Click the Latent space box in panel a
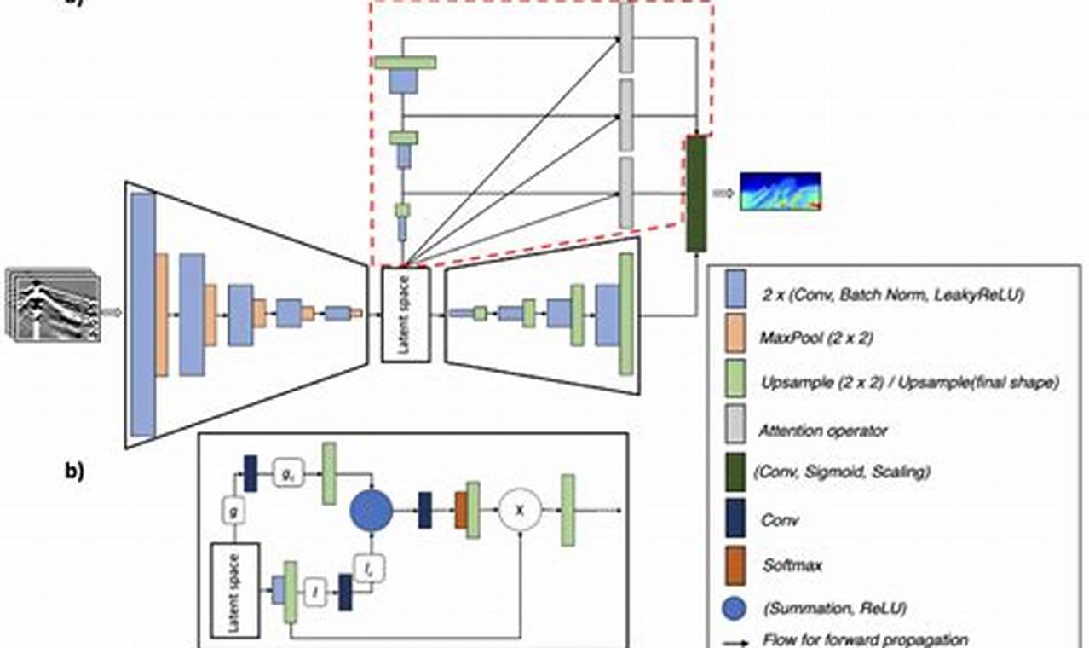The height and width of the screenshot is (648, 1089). (407, 313)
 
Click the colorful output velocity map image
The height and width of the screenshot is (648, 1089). (780, 192)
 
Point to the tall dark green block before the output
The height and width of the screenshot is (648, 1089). (696, 194)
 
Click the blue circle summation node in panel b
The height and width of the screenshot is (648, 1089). (372, 511)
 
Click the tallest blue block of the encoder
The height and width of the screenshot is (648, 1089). (143, 315)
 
